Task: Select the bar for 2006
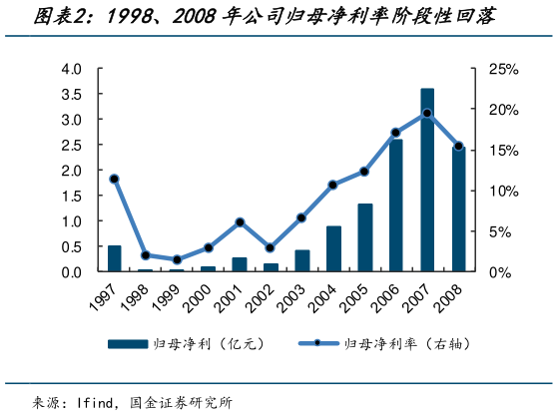click(396, 206)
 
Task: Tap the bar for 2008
click(458, 208)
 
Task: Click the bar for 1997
click(115, 258)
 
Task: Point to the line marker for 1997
click(115, 179)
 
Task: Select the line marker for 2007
click(427, 113)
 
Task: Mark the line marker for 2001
click(240, 221)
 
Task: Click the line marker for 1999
click(177, 259)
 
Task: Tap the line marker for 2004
click(333, 185)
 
